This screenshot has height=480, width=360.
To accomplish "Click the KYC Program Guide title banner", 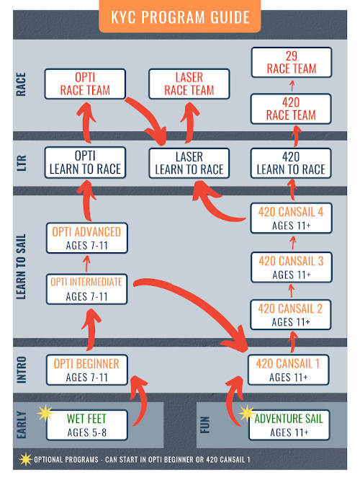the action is point(179,16).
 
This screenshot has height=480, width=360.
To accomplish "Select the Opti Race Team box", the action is point(85,84).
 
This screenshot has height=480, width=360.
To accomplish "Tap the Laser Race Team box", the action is point(189,84).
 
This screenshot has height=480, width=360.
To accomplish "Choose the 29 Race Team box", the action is point(292,63).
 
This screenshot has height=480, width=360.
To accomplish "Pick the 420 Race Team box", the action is point(291,109).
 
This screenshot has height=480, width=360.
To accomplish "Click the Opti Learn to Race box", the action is point(85,163).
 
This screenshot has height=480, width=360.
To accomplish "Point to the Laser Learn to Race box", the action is point(189,163).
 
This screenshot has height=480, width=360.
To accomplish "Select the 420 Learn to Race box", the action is point(291,163).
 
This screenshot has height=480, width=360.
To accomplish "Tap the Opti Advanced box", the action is point(87,238).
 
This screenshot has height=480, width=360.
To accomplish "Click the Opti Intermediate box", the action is point(87,289).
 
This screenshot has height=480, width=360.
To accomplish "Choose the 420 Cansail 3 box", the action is point(291,267).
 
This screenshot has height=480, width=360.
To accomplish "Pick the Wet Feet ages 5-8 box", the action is point(87,425).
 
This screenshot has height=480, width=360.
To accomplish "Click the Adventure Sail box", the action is point(289,425).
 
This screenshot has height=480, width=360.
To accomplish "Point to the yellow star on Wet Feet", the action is point(45,413).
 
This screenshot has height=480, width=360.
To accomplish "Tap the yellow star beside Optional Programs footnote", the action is point(26,459).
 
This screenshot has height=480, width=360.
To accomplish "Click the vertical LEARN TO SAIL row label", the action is point(21,267).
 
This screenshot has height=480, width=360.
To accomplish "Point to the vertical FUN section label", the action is point(205,425).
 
